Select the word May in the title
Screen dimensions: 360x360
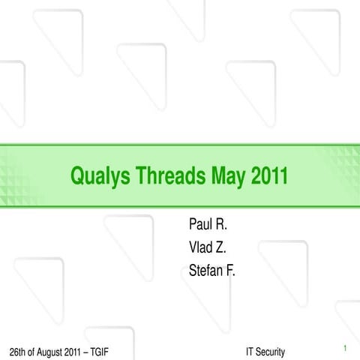(228, 177)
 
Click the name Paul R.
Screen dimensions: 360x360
(207, 224)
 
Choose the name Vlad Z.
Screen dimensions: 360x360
(206, 247)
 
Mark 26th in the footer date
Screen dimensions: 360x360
(14, 352)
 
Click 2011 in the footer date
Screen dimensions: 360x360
(71, 352)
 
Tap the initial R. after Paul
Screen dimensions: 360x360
(221, 224)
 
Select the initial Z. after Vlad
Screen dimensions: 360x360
(221, 247)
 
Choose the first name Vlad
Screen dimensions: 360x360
(200, 247)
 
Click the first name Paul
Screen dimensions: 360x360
(200, 224)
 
